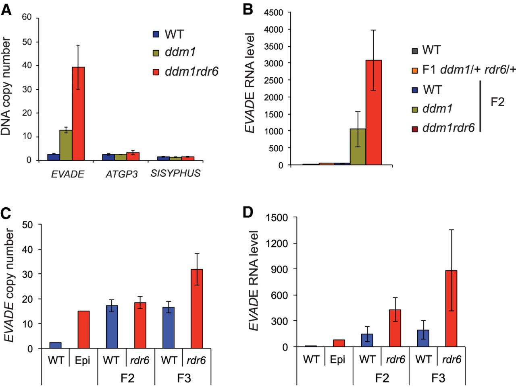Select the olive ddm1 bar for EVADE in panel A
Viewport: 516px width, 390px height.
click(x=66, y=145)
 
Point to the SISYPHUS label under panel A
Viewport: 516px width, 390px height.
click(x=175, y=173)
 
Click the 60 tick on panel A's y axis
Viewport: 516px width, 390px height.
click(x=27, y=17)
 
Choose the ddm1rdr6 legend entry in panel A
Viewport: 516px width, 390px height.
click(x=191, y=72)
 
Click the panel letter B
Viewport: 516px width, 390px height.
click(x=248, y=9)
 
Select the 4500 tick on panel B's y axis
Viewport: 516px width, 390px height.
click(x=273, y=12)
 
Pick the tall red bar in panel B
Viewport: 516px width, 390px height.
click(x=374, y=112)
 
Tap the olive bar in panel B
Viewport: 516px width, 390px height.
click(x=358, y=147)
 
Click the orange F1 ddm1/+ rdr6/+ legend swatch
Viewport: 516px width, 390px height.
click(x=415, y=70)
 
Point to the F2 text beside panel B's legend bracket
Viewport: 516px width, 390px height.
click(x=497, y=102)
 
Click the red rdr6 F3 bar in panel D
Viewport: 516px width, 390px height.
click(x=451, y=308)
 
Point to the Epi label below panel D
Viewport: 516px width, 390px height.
click(x=337, y=359)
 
